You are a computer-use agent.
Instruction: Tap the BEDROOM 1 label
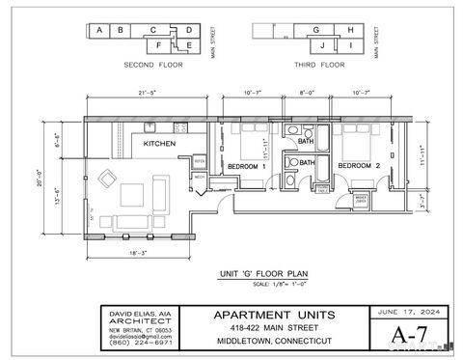pyautogui.click(x=246, y=166)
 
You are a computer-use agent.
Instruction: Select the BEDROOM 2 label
pyautogui.click(x=358, y=166)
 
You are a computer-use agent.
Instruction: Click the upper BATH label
pyautogui.click(x=305, y=142)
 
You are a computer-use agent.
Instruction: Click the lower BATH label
pyautogui.click(x=305, y=163)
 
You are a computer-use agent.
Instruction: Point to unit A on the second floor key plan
pyautogui.click(x=99, y=30)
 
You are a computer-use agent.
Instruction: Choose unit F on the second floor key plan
pyautogui.click(x=172, y=44)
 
